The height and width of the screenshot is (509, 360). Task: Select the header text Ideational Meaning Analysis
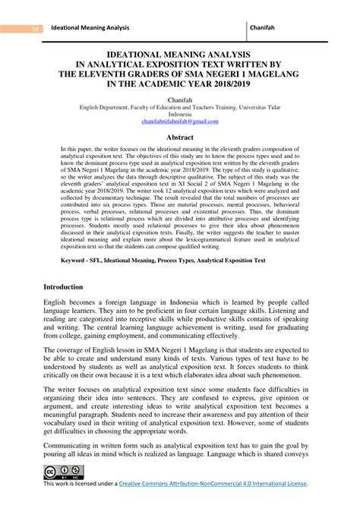[x=90, y=28]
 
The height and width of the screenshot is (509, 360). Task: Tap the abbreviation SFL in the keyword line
[x=106, y=260]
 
